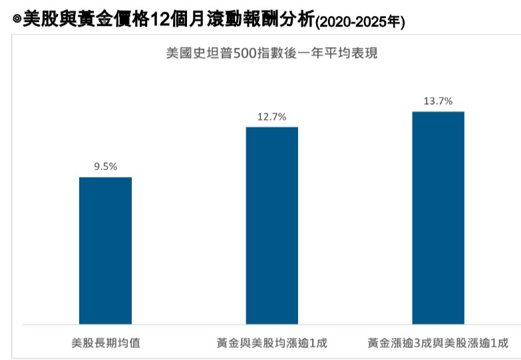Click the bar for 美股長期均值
[x=105, y=251]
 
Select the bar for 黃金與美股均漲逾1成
[x=272, y=226]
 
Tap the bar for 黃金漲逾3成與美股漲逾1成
[x=438, y=218]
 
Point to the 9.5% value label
[x=105, y=167]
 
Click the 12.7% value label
[x=272, y=117]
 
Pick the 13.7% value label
[x=438, y=101]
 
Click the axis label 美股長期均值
[x=105, y=343]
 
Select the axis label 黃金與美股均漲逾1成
[x=272, y=343]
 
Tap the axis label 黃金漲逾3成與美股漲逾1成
[x=438, y=343]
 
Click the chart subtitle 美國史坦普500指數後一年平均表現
[x=271, y=53]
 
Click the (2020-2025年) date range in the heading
[x=359, y=22]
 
